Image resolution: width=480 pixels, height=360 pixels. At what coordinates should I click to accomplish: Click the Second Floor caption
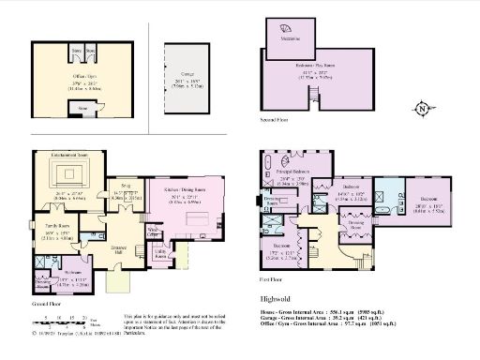click(275, 121)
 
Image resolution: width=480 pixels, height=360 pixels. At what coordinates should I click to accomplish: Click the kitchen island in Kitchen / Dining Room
click(197, 218)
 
